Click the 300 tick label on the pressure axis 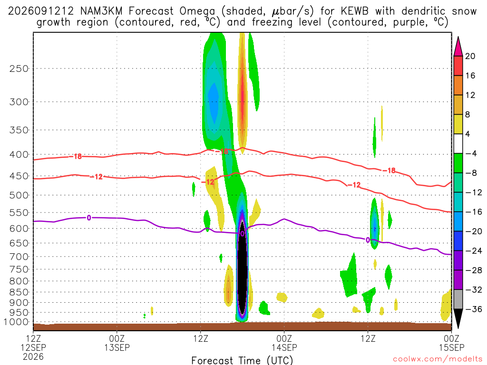pyautogui.click(x=19, y=102)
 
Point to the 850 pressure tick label pyautogui.click(x=19, y=292)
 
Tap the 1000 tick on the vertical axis pyautogui.click(x=16, y=322)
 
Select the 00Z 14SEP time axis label pyautogui.click(x=284, y=343)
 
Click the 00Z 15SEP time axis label pyautogui.click(x=452, y=343)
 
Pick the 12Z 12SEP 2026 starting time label pyautogui.click(x=33, y=347)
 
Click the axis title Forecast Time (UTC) pyautogui.click(x=242, y=360)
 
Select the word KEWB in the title pyautogui.click(x=354, y=11)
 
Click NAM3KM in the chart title pyautogui.click(x=101, y=11)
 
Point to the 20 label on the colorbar pyautogui.click(x=470, y=56)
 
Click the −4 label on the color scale pyautogui.click(x=471, y=154)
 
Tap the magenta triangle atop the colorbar pyautogui.click(x=458, y=47)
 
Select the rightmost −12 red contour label pyautogui.click(x=354, y=185)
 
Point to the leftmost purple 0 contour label pyautogui.click(x=89, y=218)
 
